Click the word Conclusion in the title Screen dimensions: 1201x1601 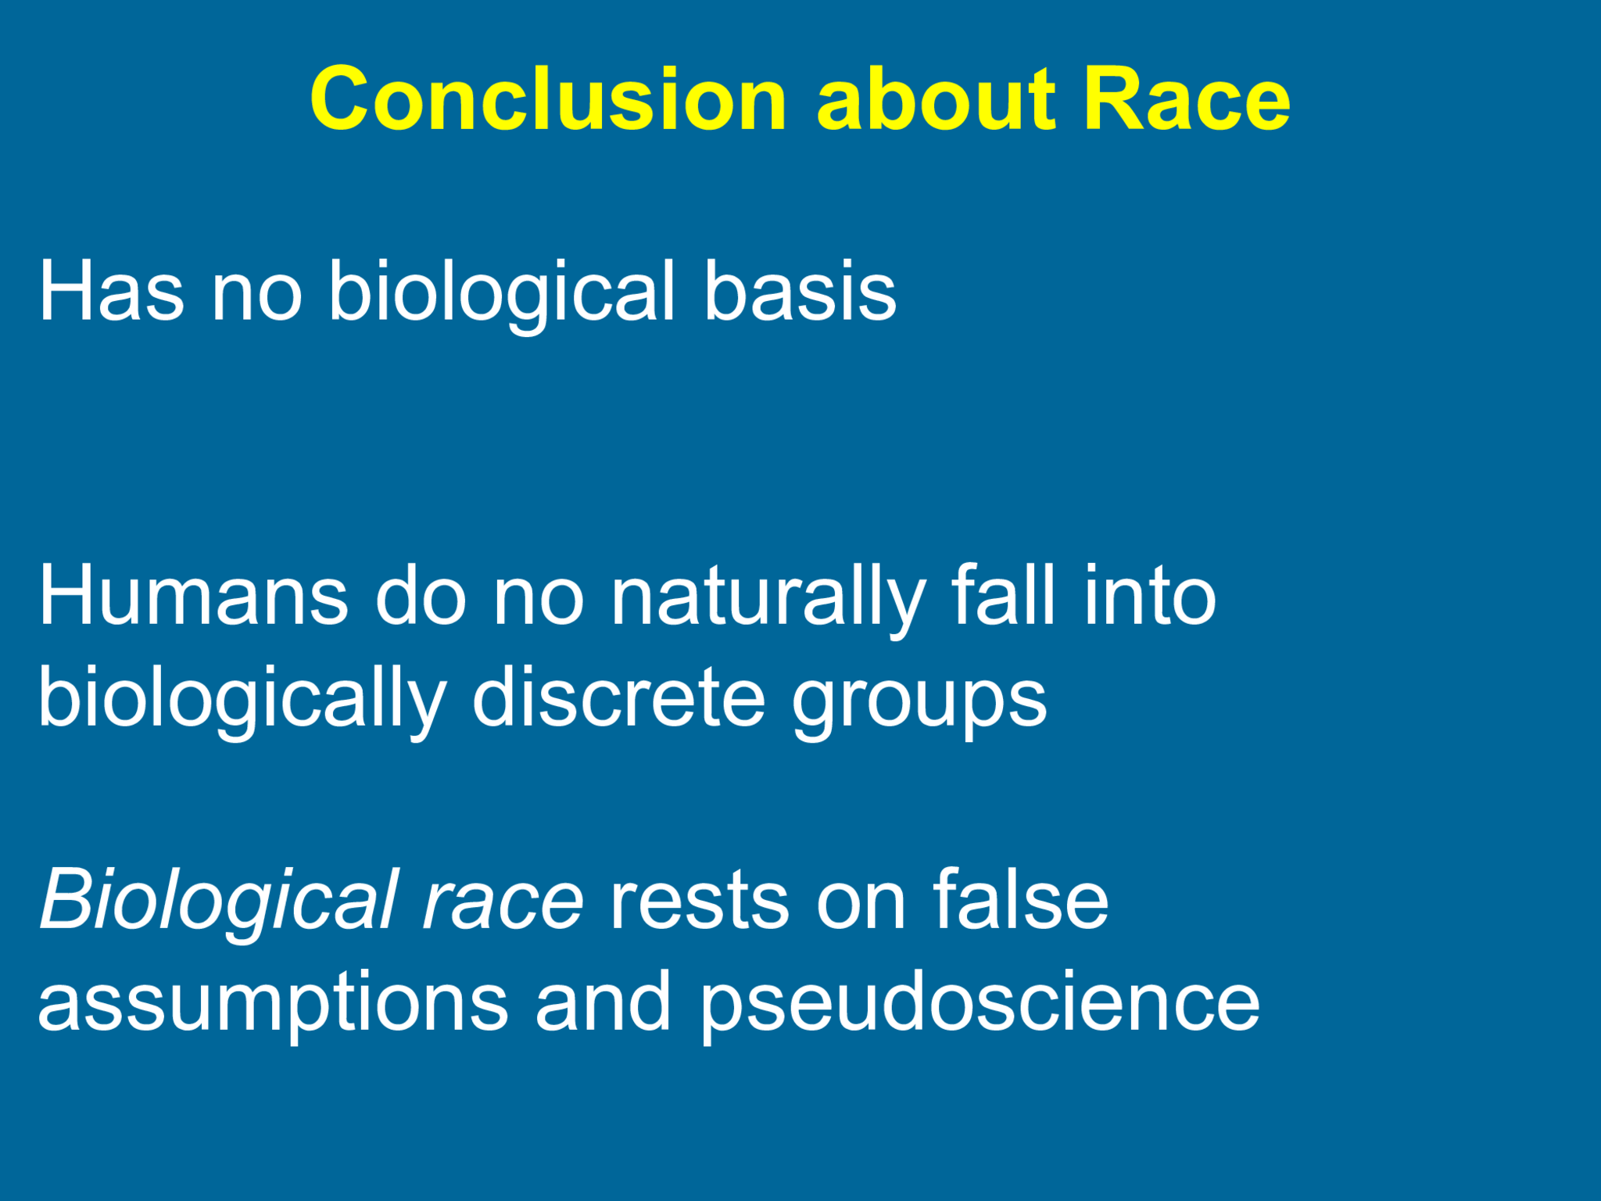[547, 100]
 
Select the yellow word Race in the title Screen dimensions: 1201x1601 [1186, 100]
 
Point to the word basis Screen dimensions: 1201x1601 [799, 292]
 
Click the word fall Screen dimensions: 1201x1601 [1003, 596]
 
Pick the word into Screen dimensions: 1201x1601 [1149, 596]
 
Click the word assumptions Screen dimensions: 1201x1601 [273, 1004]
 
